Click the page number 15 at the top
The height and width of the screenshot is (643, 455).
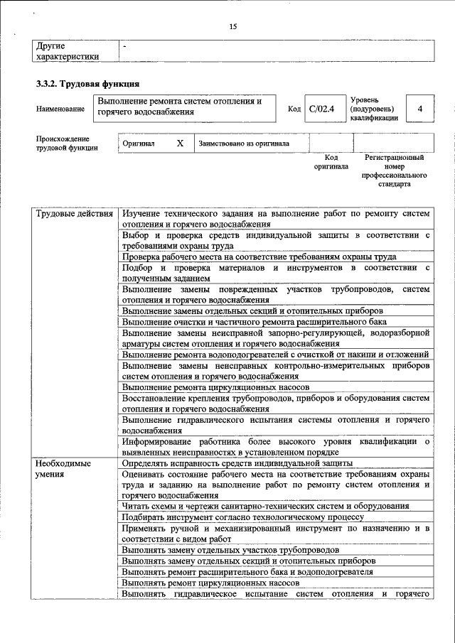pyautogui.click(x=232, y=26)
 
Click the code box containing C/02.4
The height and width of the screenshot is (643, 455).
pyautogui.click(x=321, y=109)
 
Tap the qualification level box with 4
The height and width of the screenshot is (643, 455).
pyautogui.click(x=420, y=109)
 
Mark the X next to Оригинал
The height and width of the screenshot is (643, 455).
pyautogui.click(x=180, y=143)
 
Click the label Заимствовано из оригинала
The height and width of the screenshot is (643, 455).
pyautogui.click(x=244, y=143)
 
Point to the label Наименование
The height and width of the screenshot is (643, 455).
pyautogui.click(x=58, y=109)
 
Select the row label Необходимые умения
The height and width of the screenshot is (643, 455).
pyautogui.click(x=63, y=469)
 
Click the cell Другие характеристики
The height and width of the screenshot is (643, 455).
pyautogui.click(x=68, y=50)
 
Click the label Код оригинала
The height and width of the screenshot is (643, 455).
pyautogui.click(x=331, y=162)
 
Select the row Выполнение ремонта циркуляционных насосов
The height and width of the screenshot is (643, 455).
pyautogui.click(x=215, y=387)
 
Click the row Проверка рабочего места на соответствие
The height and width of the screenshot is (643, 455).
pyautogui.click(x=259, y=256)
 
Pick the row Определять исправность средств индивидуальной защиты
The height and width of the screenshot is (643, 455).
pyautogui.click(x=237, y=463)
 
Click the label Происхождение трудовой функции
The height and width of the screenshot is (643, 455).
pyautogui.click(x=63, y=143)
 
